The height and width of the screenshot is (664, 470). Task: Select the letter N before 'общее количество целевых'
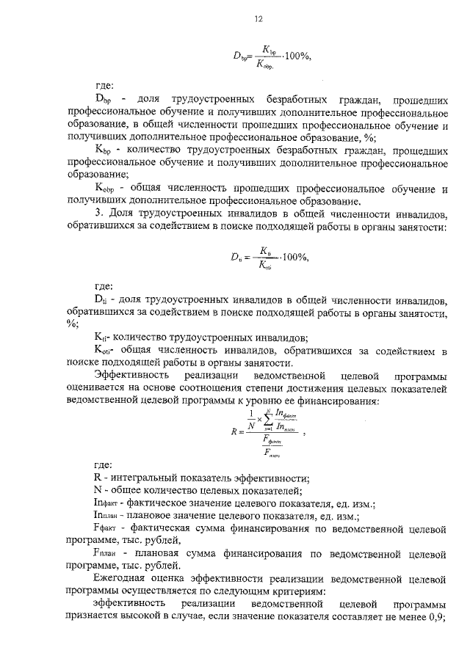pyautogui.click(x=99, y=491)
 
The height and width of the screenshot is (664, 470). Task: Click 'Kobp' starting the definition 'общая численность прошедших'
pyautogui.click(x=107, y=189)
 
